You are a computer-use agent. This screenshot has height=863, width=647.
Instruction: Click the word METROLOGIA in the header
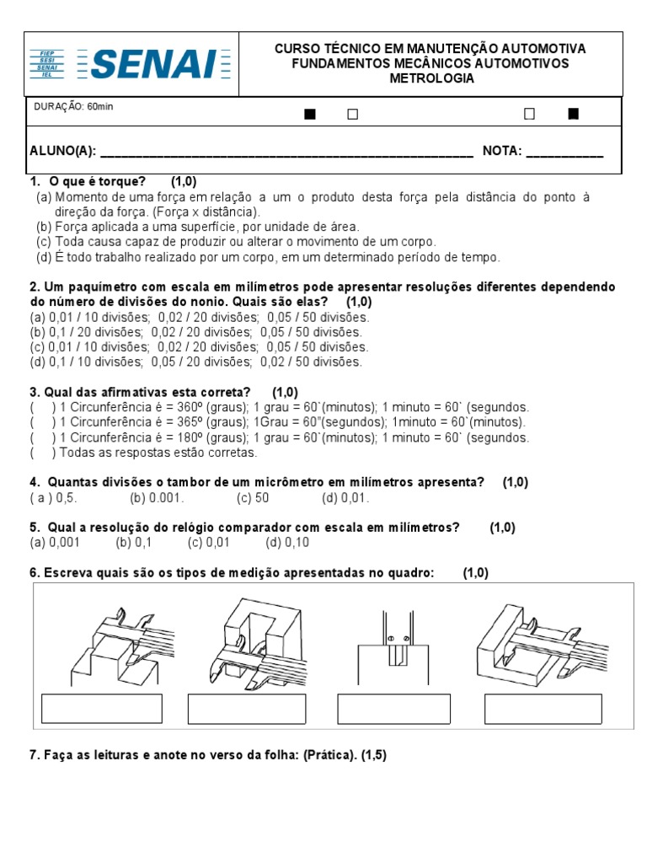coord(431,79)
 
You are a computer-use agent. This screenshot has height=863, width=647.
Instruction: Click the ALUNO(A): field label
coord(63,152)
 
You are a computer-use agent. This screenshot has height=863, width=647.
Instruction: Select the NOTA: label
coord(503,152)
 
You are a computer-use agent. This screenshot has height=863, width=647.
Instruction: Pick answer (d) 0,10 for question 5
coord(289,543)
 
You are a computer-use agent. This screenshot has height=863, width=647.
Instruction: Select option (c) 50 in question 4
coord(253,497)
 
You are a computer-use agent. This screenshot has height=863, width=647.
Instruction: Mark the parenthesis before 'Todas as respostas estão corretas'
coord(41,453)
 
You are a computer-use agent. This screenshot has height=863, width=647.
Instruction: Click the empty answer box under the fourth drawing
coord(543,710)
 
